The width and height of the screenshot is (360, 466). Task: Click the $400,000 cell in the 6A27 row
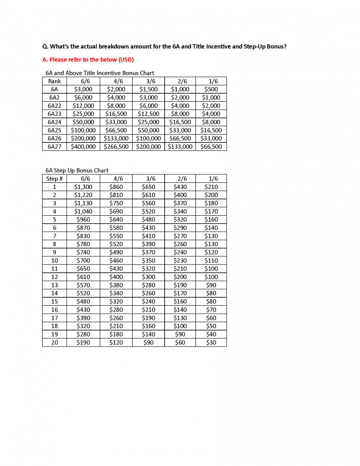(83, 147)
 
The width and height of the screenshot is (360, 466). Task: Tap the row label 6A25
(54, 130)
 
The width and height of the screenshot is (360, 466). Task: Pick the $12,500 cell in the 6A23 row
(149, 114)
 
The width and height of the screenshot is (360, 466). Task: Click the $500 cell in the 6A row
(211, 89)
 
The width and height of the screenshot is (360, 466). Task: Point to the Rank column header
(54, 81)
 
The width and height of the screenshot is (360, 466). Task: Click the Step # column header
(54, 179)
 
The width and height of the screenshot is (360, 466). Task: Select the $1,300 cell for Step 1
(83, 187)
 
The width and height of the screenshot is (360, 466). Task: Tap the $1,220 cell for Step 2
(83, 195)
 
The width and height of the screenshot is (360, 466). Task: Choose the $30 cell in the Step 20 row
(211, 343)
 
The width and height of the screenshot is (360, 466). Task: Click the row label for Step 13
(54, 285)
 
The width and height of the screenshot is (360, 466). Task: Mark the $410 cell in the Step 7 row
(149, 236)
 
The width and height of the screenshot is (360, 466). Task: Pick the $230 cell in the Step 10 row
(180, 261)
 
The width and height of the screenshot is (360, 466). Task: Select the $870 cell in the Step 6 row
(83, 228)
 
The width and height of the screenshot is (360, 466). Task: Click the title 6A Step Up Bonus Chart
(77, 171)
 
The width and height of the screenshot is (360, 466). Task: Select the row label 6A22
(54, 105)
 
